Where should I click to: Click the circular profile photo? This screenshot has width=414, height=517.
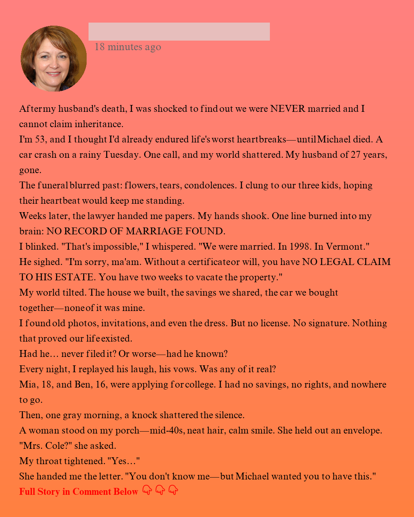pos(54,59)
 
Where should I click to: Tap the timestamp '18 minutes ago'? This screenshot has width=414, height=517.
pos(128,47)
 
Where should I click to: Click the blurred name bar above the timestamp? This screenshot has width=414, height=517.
pos(179,31)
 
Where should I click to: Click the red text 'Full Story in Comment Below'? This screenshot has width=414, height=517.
pos(79,492)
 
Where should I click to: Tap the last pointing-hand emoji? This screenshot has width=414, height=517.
pos(173,490)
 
